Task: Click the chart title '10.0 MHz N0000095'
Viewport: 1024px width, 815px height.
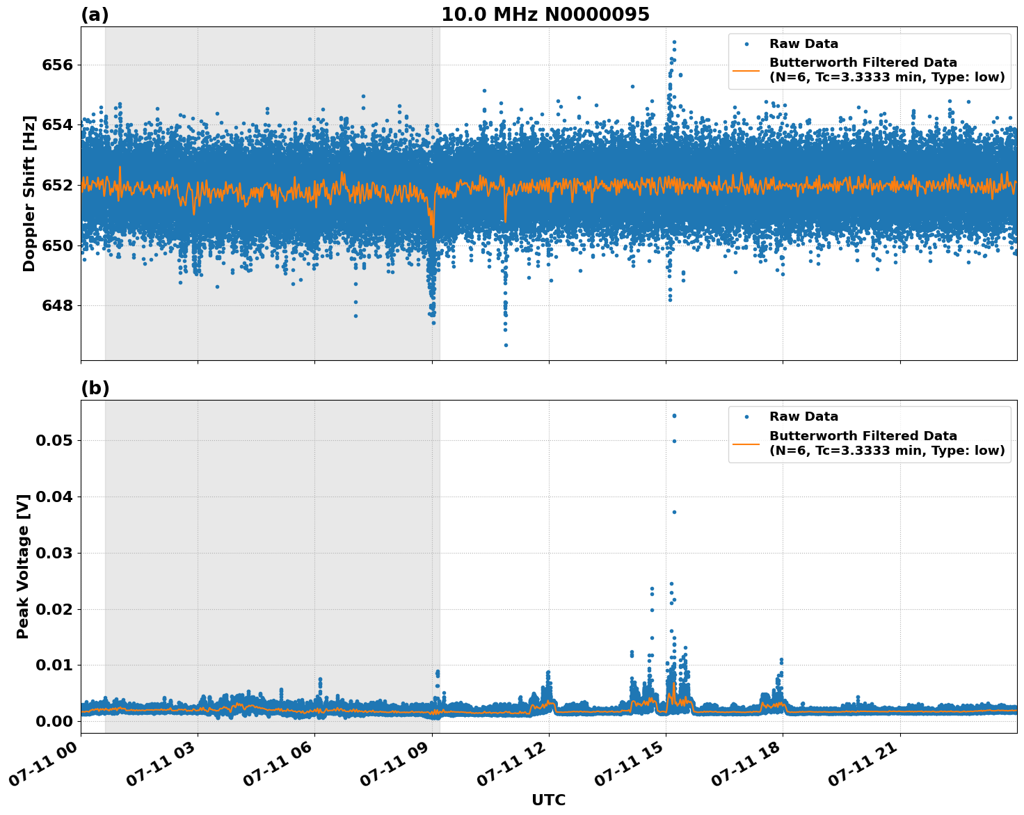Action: click(x=545, y=15)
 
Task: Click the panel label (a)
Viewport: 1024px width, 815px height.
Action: click(x=95, y=15)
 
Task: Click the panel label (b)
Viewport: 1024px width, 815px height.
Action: click(x=95, y=388)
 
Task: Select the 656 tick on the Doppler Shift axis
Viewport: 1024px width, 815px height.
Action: click(x=58, y=65)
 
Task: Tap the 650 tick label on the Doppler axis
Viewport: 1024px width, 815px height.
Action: click(x=58, y=245)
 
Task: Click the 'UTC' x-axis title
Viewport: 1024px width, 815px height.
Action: click(x=548, y=800)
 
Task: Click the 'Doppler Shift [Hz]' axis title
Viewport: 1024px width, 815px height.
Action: click(x=29, y=193)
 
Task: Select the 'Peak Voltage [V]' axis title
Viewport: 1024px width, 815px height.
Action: click(x=24, y=566)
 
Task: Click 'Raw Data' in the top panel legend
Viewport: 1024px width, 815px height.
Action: click(x=803, y=45)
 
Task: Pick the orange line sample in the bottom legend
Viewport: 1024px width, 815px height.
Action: click(x=746, y=443)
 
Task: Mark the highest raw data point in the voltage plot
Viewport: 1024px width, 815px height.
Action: click(x=674, y=416)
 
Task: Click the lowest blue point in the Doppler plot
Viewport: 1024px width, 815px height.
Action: click(x=506, y=345)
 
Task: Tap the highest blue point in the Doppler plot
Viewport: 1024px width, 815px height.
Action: click(x=674, y=42)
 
